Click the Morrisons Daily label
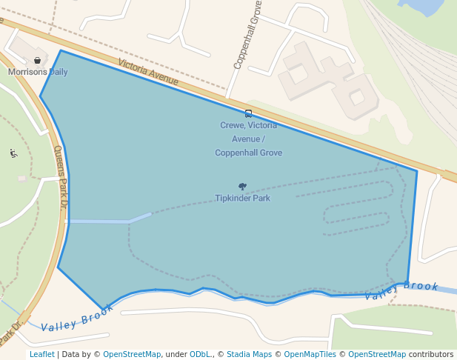38,72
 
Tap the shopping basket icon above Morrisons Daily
38,61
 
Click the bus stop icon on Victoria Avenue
248,113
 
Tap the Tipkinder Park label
242,198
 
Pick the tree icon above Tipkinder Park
242,187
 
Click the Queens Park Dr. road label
61,176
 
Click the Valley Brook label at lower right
401,290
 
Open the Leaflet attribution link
41,354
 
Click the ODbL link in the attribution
201,354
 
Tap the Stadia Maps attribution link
249,354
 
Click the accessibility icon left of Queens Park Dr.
13,153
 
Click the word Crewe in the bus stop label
232,125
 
